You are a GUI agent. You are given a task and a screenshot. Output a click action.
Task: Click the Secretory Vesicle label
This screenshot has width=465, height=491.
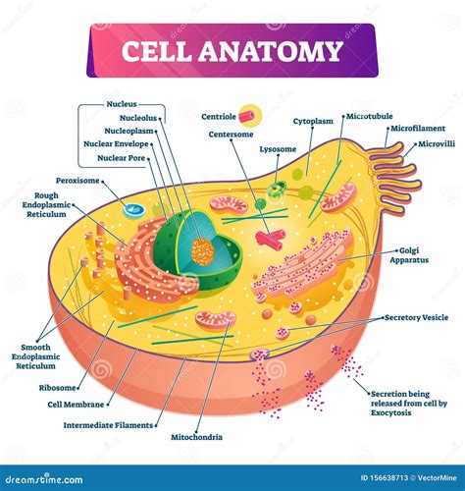416,318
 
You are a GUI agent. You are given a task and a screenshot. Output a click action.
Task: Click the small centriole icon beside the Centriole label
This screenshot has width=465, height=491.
252,116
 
